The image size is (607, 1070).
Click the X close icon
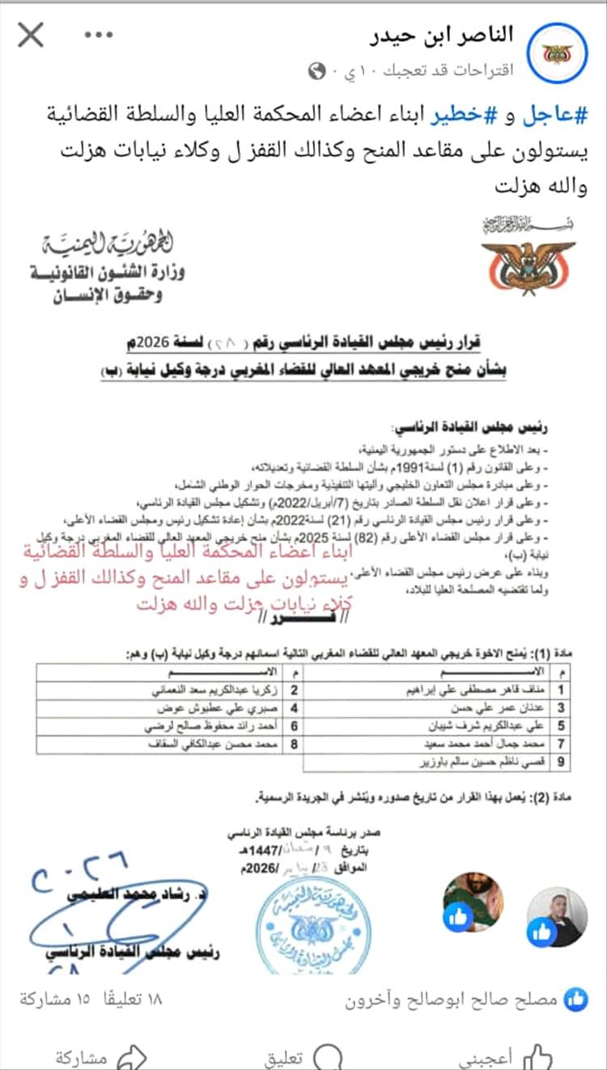(x=31, y=35)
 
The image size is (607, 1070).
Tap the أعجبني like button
(x=518, y=1055)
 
